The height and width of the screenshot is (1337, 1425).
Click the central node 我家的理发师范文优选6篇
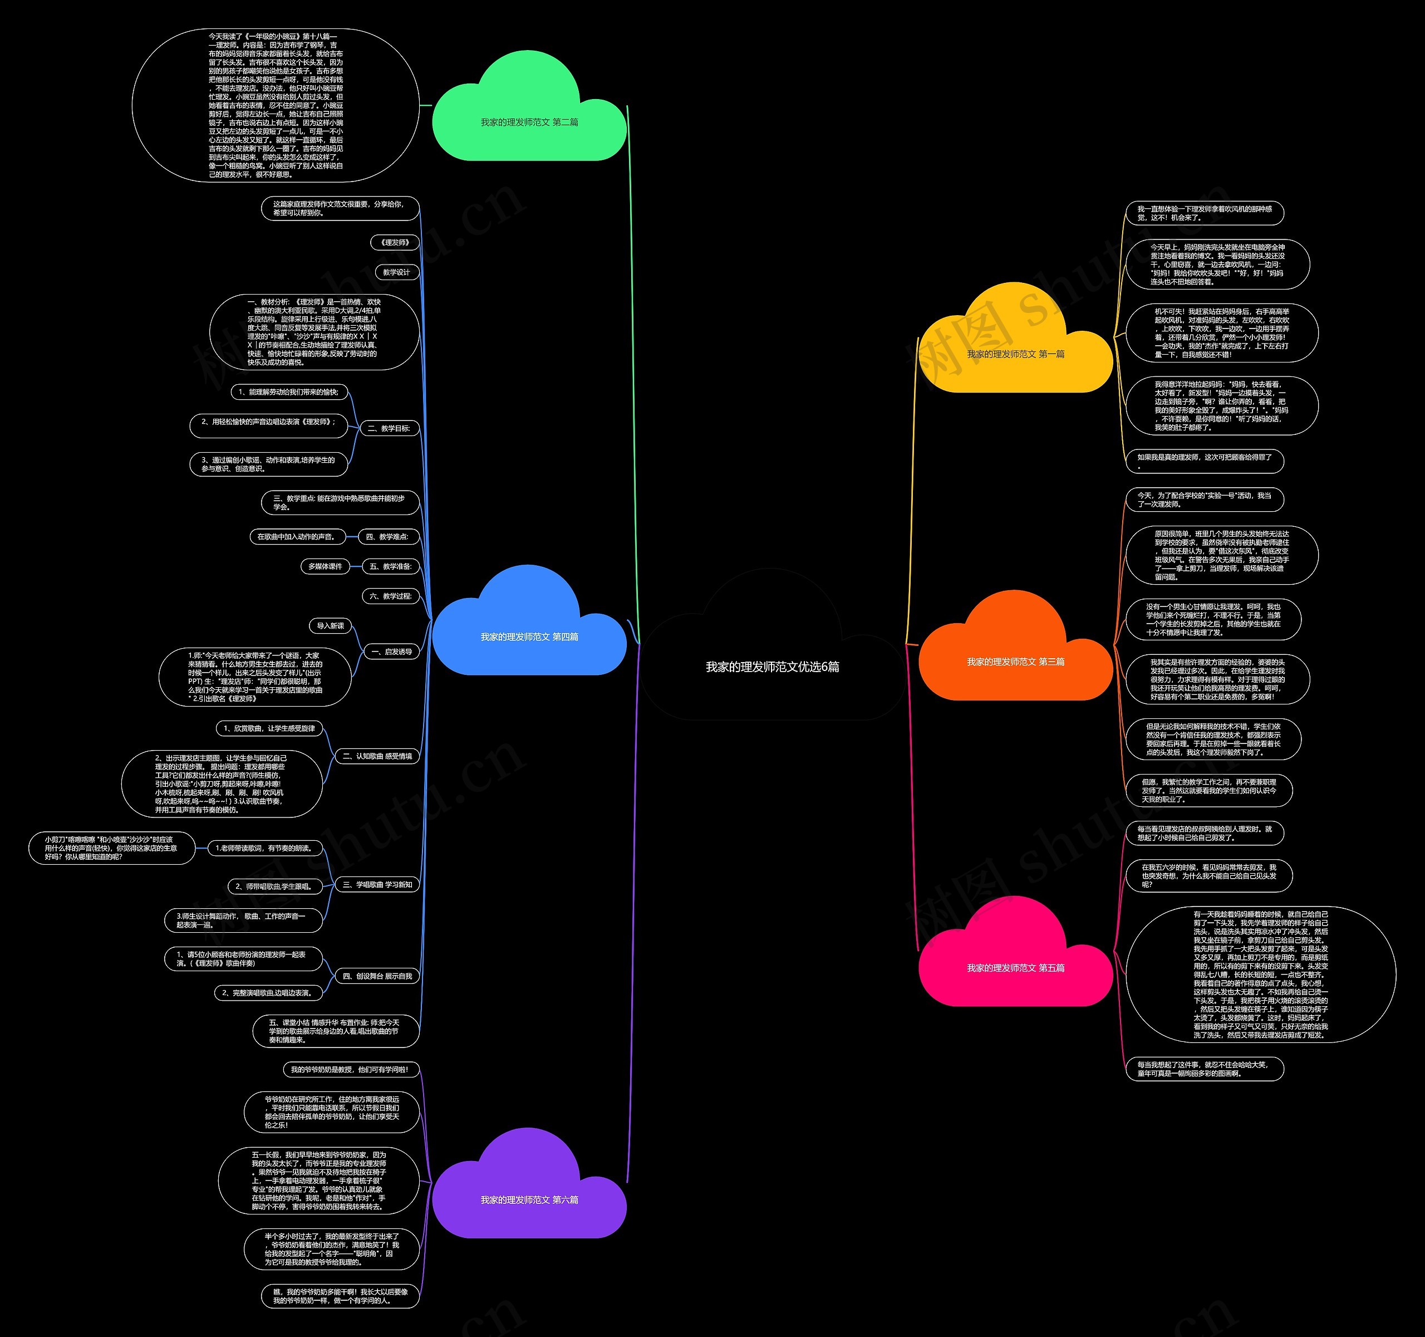click(x=772, y=666)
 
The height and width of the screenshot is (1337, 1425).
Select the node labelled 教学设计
click(x=396, y=272)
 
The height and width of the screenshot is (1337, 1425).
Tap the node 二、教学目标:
click(x=389, y=428)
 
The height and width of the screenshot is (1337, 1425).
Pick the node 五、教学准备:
click(x=391, y=566)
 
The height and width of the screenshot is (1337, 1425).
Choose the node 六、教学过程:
click(x=391, y=596)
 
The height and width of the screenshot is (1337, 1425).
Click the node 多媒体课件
click(x=325, y=566)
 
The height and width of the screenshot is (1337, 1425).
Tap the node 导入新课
click(x=331, y=625)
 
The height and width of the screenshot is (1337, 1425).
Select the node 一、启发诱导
click(x=391, y=652)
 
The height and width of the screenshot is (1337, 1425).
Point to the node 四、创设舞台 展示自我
click(x=377, y=976)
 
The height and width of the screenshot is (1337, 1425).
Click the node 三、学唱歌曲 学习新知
click(x=377, y=885)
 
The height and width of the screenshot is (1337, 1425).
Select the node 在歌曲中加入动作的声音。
click(x=296, y=536)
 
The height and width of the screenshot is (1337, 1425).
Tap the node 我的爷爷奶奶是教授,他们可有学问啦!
click(x=349, y=1069)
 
